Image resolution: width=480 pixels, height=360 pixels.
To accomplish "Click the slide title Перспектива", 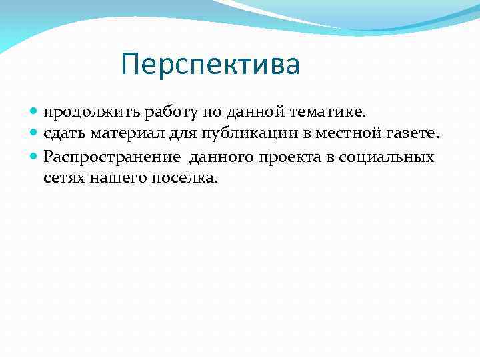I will coord(211,65).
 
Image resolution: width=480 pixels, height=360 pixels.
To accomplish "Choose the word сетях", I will coord(61,178).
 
